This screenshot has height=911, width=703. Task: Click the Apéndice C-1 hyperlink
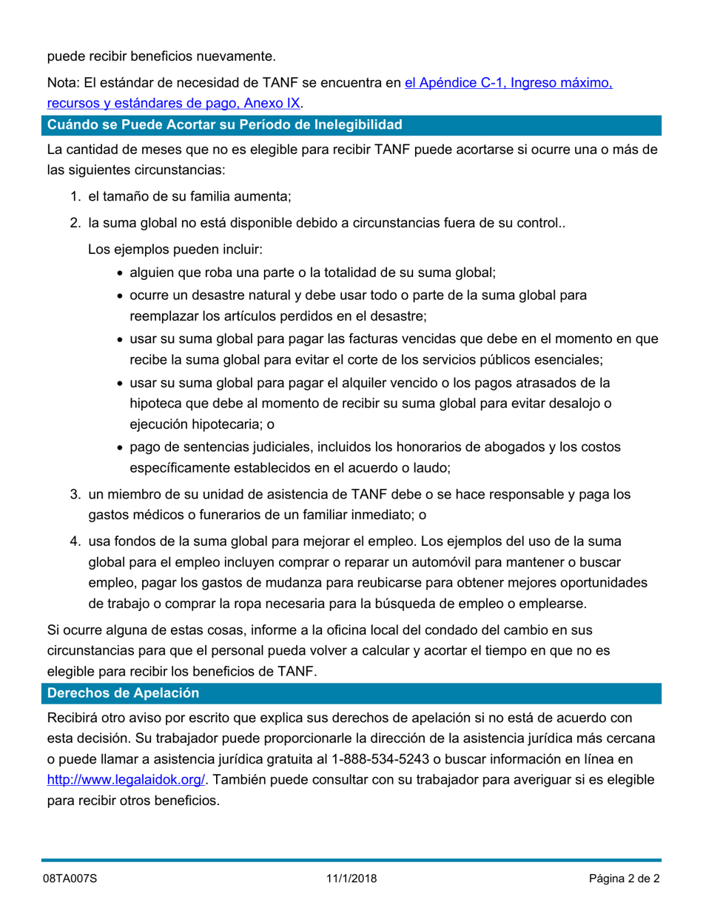click(508, 83)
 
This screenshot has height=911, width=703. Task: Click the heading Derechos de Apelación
click(123, 693)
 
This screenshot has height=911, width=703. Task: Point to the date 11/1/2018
click(351, 879)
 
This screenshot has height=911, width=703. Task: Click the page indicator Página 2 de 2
click(624, 879)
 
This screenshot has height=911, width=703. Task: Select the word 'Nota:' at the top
click(63, 83)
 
